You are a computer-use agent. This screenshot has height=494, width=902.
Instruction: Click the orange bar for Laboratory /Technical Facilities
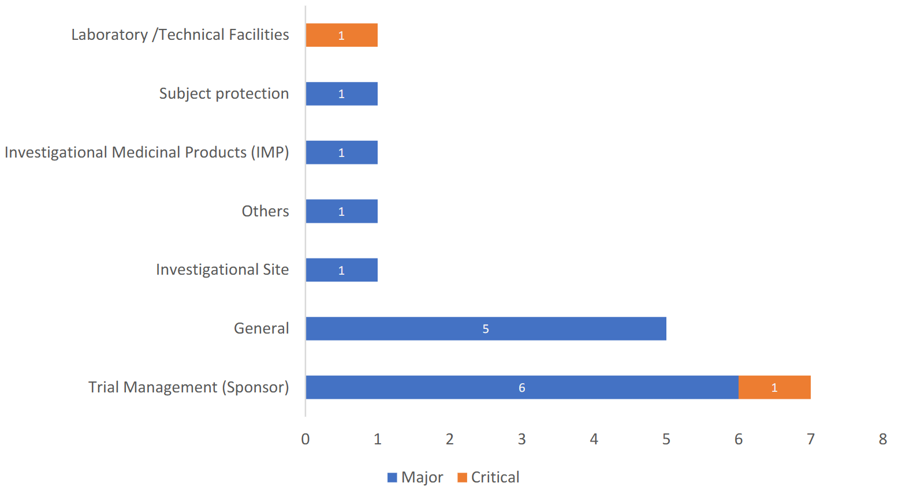[x=341, y=35]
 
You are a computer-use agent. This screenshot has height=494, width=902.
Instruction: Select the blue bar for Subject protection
[x=341, y=94]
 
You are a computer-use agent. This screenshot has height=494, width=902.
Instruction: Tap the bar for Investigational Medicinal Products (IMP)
[x=341, y=152]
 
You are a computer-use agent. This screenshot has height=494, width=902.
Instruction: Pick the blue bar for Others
[x=341, y=211]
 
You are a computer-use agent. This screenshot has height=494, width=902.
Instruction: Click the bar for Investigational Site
[x=341, y=270]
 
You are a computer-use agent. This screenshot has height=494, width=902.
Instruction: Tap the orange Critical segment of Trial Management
[x=774, y=387]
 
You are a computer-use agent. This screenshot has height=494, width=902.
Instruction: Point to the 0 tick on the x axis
[x=305, y=439]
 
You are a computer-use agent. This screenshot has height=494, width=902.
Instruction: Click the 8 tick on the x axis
[x=882, y=439]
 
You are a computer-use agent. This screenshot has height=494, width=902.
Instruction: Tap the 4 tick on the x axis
[x=594, y=439]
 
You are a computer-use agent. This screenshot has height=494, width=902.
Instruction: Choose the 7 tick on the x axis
[x=810, y=439]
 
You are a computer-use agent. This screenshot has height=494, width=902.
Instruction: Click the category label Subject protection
[x=224, y=93]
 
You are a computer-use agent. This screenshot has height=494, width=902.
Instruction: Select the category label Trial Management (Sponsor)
[x=188, y=387]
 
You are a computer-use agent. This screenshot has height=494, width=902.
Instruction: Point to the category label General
[x=261, y=328]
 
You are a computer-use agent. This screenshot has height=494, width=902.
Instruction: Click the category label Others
[x=265, y=211]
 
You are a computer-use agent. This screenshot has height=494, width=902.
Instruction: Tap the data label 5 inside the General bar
[x=486, y=329]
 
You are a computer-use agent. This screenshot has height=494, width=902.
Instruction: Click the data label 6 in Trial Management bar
[x=521, y=388]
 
